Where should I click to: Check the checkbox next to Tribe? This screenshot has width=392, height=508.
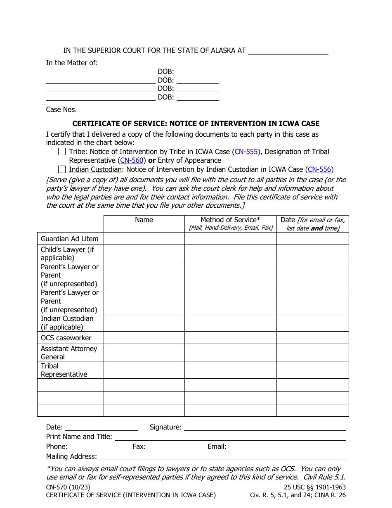pos(62,152)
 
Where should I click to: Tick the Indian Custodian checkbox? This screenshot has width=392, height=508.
pos(62,169)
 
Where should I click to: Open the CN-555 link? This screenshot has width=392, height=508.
pos(246,152)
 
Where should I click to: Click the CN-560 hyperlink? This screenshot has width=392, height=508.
pos(132,160)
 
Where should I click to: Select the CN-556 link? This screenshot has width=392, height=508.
pos(319,169)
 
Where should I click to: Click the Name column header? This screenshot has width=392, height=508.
pos(144,220)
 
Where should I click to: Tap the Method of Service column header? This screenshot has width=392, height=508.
pos(230,220)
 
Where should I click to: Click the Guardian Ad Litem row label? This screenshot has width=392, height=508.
pos(70,239)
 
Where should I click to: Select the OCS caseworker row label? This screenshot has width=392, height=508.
pos(66,338)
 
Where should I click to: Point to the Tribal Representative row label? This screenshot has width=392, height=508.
pos(64,370)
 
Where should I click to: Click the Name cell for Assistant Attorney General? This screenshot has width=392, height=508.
pos(144,353)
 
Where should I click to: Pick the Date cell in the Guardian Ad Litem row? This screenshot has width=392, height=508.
pos(312,239)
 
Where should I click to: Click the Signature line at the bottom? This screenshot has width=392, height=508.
pos(264,427)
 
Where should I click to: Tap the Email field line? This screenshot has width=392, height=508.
pos(287,447)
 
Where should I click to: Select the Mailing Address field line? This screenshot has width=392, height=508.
pos(222,457)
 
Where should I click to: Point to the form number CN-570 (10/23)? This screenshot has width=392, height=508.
pos(68,487)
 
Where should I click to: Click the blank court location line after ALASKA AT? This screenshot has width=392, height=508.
pos(288,51)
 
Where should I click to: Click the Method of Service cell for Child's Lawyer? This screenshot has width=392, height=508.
pos(230,254)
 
